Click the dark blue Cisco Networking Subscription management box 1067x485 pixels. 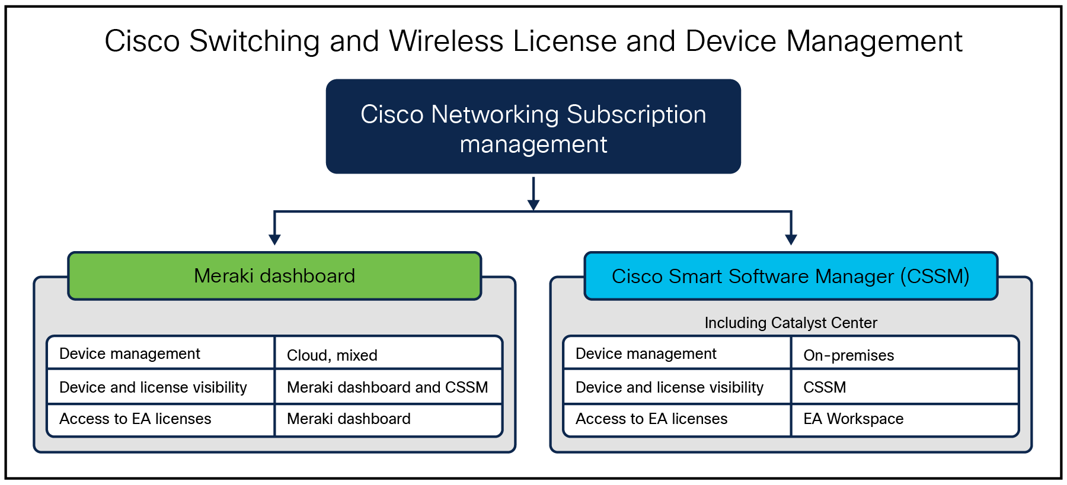pyautogui.click(x=533, y=126)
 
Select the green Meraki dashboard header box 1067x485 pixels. pyautogui.click(x=274, y=276)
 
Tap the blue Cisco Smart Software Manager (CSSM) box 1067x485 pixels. pyautogui.click(x=790, y=276)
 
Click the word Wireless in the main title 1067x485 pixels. pyautogui.click(x=446, y=41)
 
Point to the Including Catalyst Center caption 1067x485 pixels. pyautogui.click(x=790, y=323)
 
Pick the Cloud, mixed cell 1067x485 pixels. pyautogui.click(x=332, y=355)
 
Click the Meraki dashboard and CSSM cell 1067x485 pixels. pyautogui.click(x=387, y=387)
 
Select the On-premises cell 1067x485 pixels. pyautogui.click(x=848, y=355)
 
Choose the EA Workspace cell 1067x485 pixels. pyautogui.click(x=853, y=419)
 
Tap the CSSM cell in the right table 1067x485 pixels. pyautogui.click(x=825, y=387)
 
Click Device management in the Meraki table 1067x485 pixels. pyautogui.click(x=130, y=354)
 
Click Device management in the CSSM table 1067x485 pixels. pyautogui.click(x=646, y=354)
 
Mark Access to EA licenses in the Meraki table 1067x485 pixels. pyautogui.click(x=135, y=419)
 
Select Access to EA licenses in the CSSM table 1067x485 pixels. pyautogui.click(x=651, y=419)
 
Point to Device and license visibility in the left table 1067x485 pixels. pyautogui.click(x=153, y=387)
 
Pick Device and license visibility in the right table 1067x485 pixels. pyautogui.click(x=669, y=387)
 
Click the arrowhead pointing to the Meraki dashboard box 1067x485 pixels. pyautogui.click(x=274, y=239)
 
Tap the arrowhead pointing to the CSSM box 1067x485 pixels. pyautogui.click(x=791, y=239)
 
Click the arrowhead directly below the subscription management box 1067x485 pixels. pyautogui.click(x=533, y=205)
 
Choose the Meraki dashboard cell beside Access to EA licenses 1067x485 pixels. pyautogui.click(x=349, y=419)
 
